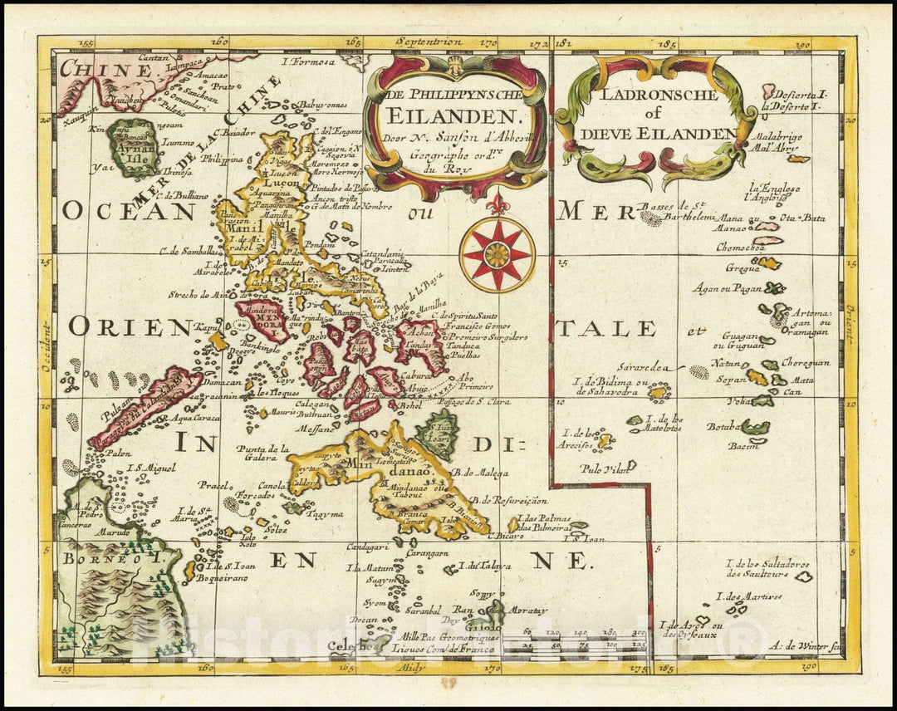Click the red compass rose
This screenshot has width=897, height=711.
click(497, 253)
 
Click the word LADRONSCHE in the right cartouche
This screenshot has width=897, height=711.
click(656, 96)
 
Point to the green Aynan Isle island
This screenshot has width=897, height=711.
click(133, 148)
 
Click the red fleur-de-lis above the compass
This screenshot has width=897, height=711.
click(497, 203)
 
